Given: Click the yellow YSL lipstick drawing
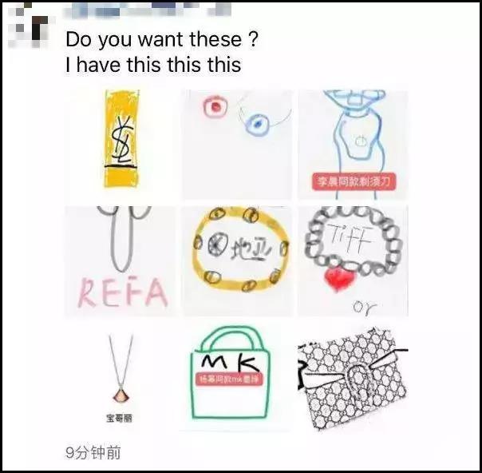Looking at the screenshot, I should [122, 138].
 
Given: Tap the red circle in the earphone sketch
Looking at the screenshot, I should [212, 108].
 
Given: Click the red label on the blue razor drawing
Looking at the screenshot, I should [353, 183].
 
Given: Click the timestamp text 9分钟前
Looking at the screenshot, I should [93, 452].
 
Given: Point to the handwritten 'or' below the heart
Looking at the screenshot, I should [365, 305].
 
